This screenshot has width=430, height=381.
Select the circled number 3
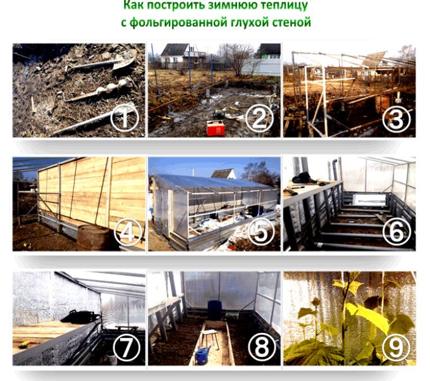(x=396, y=118)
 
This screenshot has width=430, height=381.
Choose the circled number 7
(x=126, y=347)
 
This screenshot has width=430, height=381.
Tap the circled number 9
(x=396, y=347)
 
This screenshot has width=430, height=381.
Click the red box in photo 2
(x=216, y=128)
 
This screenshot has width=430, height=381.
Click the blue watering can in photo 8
(x=202, y=356)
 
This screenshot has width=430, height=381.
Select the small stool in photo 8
(x=209, y=339)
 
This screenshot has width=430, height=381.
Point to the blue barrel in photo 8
(x=214, y=310)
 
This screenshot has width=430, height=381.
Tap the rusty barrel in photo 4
(x=94, y=238)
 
